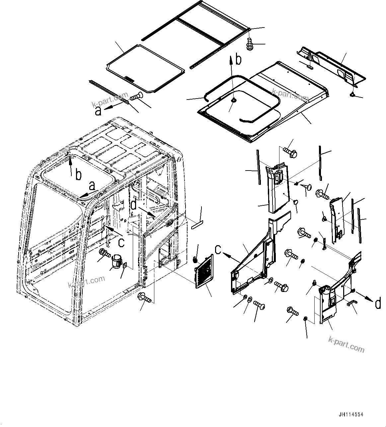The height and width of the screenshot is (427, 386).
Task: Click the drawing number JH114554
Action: pos(351,414)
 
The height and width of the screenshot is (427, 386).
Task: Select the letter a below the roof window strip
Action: pos(98,111)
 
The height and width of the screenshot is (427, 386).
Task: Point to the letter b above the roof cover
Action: pos(238,60)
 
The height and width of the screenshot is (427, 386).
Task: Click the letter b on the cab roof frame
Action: pos(78,175)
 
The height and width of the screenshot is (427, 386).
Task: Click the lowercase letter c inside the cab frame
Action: pos(121,243)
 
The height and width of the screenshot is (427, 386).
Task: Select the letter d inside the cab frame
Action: pos(133,205)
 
